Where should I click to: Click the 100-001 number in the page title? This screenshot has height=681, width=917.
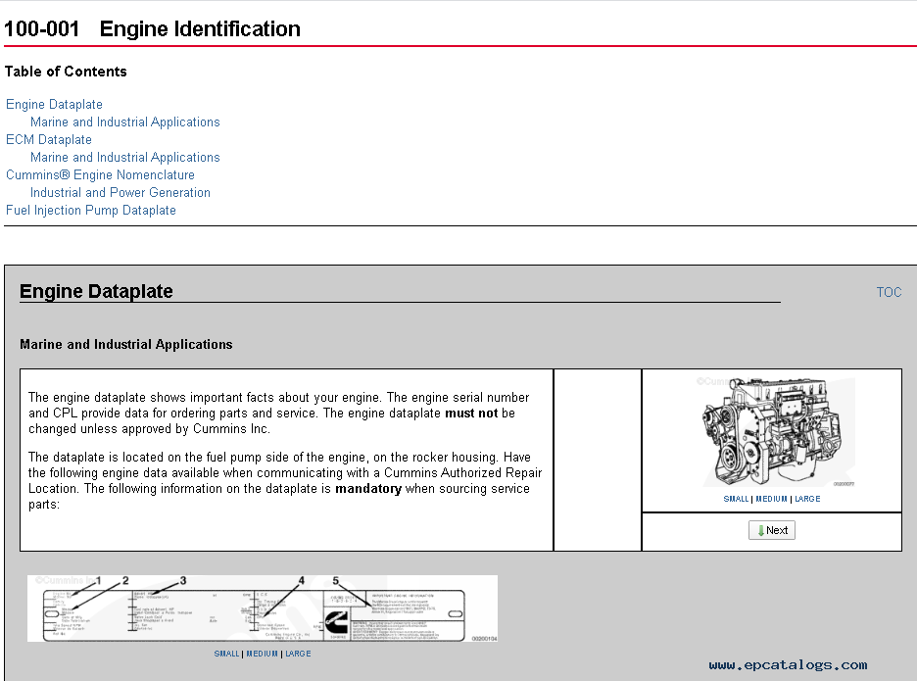41,29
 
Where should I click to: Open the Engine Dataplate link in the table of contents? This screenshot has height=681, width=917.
54,105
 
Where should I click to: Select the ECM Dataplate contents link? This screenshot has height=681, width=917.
49,140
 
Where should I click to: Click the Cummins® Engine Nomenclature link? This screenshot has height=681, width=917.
100,175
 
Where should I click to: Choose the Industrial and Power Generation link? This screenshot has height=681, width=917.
121,193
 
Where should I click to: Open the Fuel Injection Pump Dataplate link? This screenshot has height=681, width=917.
91,211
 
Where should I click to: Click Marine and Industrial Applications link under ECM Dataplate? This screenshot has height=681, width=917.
125,158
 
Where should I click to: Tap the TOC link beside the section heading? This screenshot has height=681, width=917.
889,292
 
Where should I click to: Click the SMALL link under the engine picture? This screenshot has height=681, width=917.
736,499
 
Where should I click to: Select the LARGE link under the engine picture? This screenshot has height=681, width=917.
807,499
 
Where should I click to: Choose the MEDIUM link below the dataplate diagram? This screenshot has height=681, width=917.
263,654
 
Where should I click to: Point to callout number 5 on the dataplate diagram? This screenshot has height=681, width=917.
335,581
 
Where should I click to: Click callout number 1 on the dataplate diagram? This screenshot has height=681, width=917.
98,581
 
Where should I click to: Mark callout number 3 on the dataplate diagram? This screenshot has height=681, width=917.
182,581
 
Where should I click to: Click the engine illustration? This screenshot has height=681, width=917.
771,432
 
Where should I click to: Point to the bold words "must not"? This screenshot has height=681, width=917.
472,413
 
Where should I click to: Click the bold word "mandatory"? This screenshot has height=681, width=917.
368,489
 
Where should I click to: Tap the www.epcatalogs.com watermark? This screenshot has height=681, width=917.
788,665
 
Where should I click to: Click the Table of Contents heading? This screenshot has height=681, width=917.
66,72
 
